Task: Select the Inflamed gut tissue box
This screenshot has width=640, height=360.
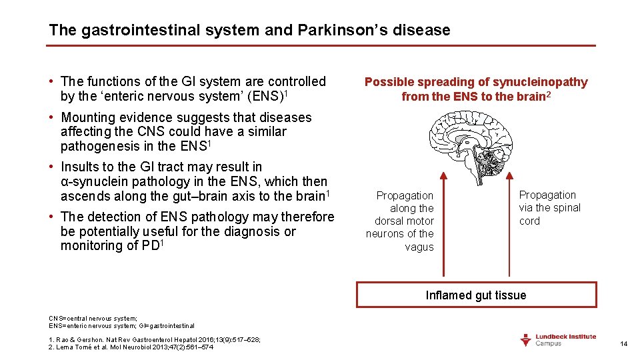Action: point(476,295)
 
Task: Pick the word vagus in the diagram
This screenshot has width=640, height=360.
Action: point(419,247)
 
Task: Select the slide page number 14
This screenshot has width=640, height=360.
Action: point(624,344)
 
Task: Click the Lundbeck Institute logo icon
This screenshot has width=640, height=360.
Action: point(526,340)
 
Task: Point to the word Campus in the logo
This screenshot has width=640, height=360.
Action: point(550,343)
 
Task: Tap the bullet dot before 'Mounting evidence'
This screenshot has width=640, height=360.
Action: point(51,118)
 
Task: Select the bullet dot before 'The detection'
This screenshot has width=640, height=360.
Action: point(51,217)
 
